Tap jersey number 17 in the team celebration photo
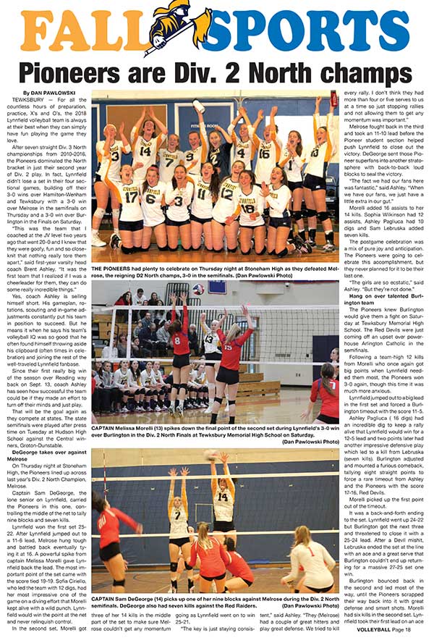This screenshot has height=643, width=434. click(x=131, y=197)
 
